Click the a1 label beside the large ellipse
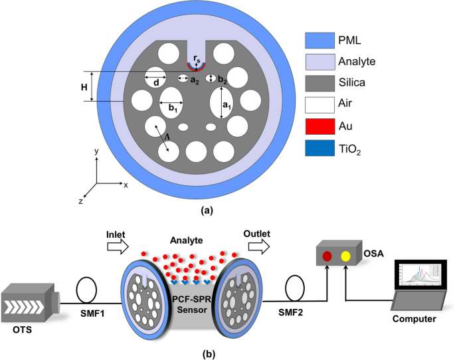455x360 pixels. [226, 105]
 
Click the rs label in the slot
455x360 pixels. [197, 58]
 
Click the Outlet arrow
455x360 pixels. [256, 246]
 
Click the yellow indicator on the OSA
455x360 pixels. [345, 256]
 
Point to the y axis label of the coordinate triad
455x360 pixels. [97, 152]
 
